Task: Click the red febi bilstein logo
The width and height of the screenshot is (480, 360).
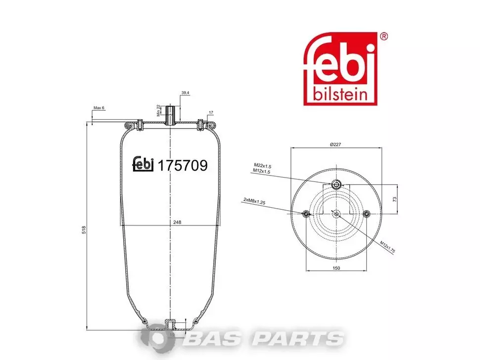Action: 340,69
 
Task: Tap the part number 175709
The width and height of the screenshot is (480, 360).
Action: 182,166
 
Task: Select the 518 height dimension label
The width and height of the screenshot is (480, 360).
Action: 84,230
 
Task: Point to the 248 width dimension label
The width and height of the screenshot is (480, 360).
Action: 177,223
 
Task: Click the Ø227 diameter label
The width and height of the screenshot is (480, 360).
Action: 336,144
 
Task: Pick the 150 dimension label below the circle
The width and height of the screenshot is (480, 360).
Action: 336,268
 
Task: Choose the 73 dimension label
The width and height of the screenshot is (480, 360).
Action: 394,199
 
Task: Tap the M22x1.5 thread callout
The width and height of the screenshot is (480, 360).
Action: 263,166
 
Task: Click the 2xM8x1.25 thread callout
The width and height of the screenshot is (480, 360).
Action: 254,201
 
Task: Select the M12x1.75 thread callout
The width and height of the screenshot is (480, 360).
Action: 387,247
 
